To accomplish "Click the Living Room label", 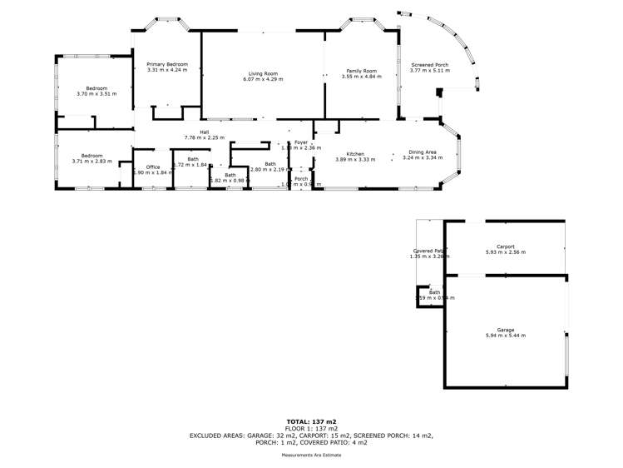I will tap(263, 72).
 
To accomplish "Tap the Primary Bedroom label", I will tap(167, 64).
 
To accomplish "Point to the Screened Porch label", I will tap(429, 64).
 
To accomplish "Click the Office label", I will tap(151, 167).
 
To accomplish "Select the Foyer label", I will tap(301, 142).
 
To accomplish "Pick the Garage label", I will tap(506, 330).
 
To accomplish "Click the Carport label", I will tap(506, 246).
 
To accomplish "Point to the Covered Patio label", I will tap(430, 251).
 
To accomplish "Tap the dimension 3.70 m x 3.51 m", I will tap(97, 94).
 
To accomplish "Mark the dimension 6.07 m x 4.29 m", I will tap(263, 79).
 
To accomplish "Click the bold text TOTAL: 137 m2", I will tap(311, 421).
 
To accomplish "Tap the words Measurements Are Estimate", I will tap(311, 456).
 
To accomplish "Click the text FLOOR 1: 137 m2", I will tap(311, 428).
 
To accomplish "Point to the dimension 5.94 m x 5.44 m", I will tap(506, 336).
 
